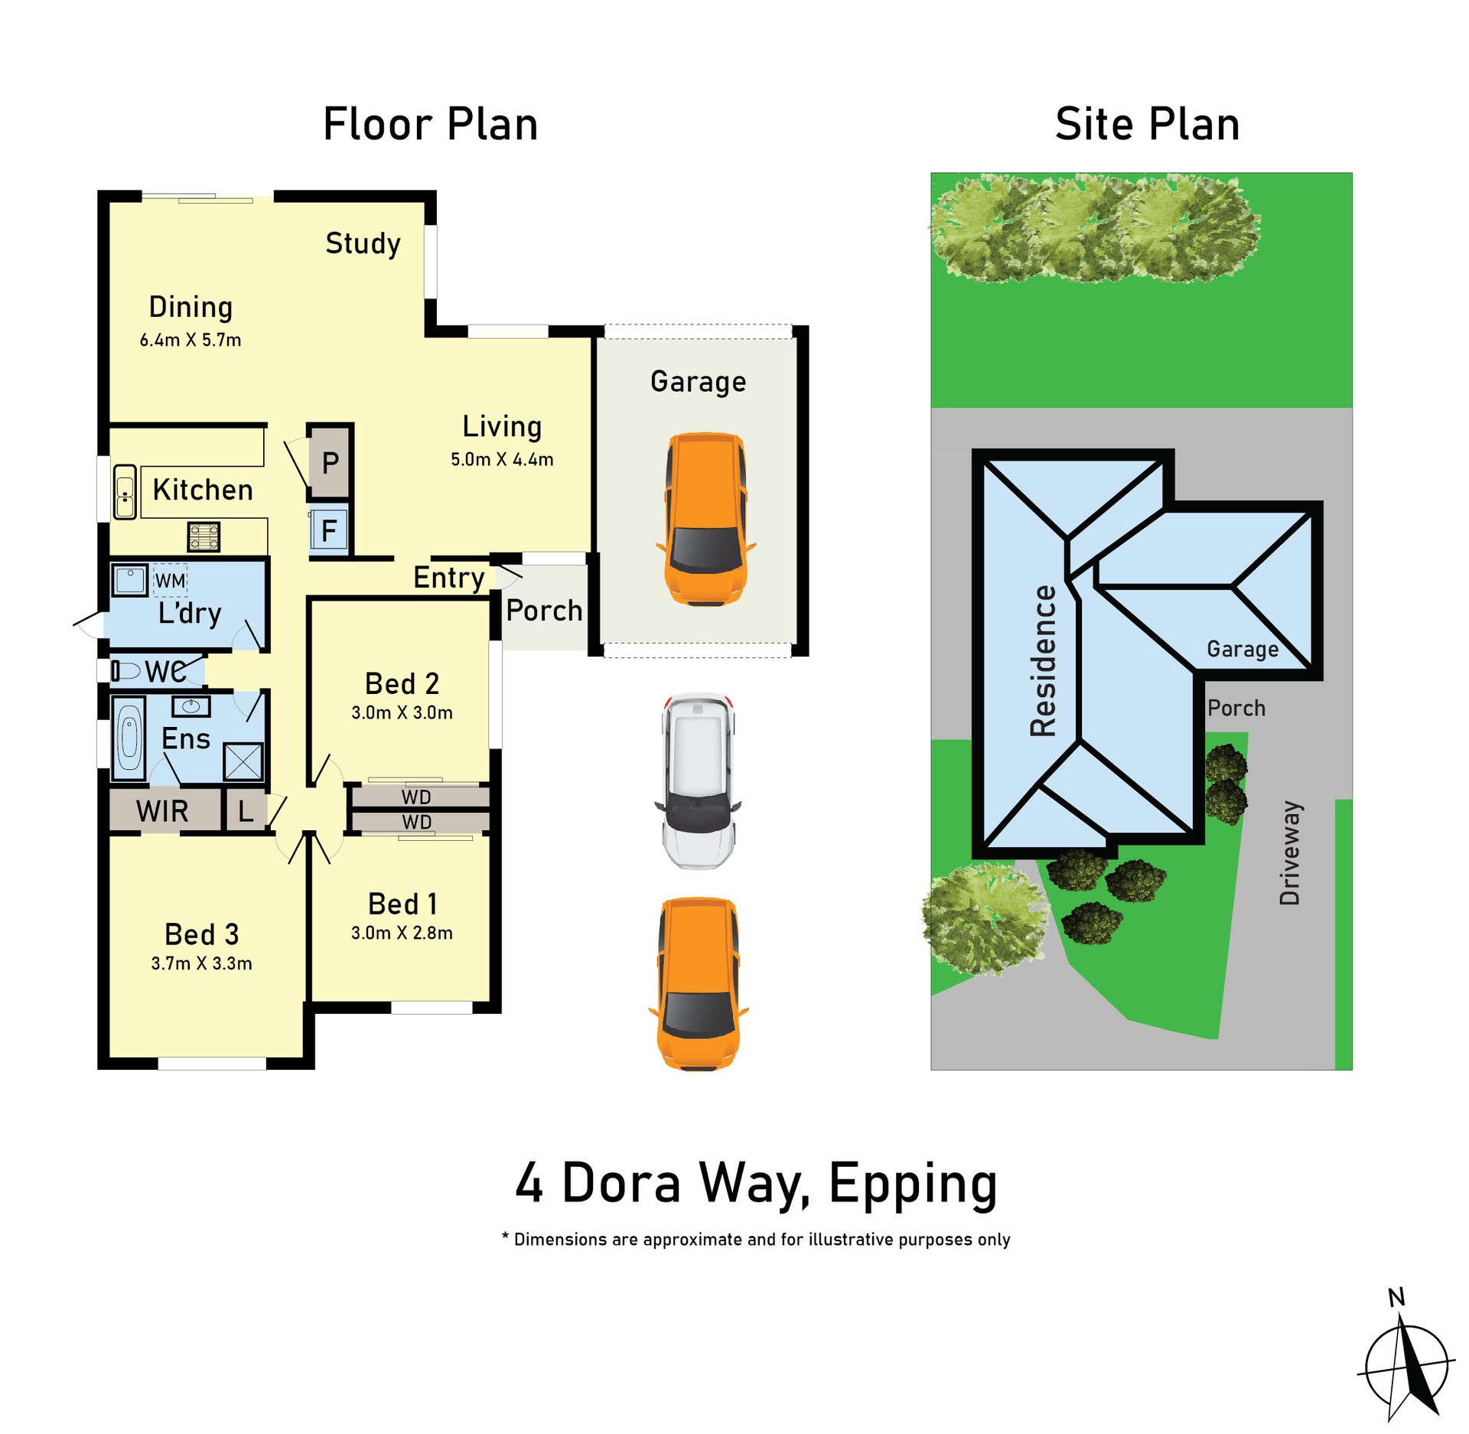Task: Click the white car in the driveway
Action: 697,781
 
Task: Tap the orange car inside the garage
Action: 705,520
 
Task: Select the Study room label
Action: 363,244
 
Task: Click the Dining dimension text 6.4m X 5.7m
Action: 191,340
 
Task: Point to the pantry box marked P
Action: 330,462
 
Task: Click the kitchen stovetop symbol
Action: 204,536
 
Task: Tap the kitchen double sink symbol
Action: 125,492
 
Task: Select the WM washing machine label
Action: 170,581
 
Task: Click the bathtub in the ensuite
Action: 129,738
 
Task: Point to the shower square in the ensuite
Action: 243,761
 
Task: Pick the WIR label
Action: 162,810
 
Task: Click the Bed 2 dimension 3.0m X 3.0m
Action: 402,712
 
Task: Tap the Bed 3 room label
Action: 202,934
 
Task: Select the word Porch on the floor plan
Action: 544,611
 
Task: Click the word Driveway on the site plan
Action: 1290,852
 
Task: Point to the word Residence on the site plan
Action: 1044,661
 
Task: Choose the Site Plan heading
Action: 1147,124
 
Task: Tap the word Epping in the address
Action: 914,1185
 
